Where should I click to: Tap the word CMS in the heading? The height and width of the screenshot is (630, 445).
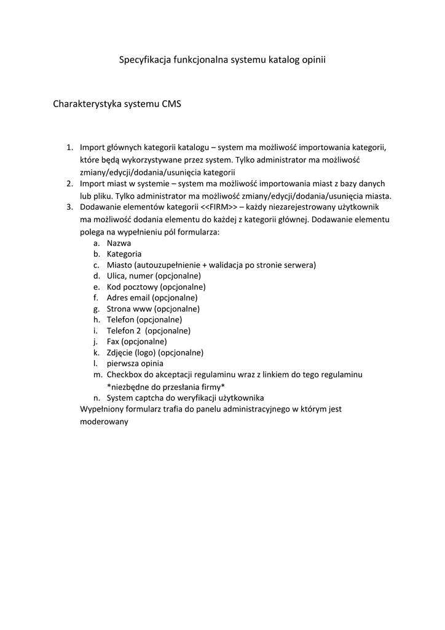pyautogui.click(x=171, y=104)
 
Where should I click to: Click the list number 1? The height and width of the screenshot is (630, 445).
pyautogui.click(x=69, y=148)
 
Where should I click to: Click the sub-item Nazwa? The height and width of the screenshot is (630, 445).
pyautogui.click(x=119, y=242)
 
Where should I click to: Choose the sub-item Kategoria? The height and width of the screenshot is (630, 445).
pyautogui.click(x=124, y=253)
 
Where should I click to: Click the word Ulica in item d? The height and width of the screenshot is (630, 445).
pyautogui.click(x=116, y=276)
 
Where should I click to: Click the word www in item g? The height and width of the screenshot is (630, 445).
pyautogui.click(x=142, y=309)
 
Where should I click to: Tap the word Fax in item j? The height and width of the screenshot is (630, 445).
pyautogui.click(x=113, y=341)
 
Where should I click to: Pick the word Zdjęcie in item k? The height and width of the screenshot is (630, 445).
pyautogui.click(x=120, y=353)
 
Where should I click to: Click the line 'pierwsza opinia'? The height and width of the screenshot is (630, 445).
pyautogui.click(x=135, y=364)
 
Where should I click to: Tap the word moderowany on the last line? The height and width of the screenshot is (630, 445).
pyautogui.click(x=104, y=422)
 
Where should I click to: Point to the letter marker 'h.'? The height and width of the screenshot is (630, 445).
pyautogui.click(x=97, y=319)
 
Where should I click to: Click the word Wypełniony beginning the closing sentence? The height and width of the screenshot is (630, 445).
pyautogui.click(x=103, y=409)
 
